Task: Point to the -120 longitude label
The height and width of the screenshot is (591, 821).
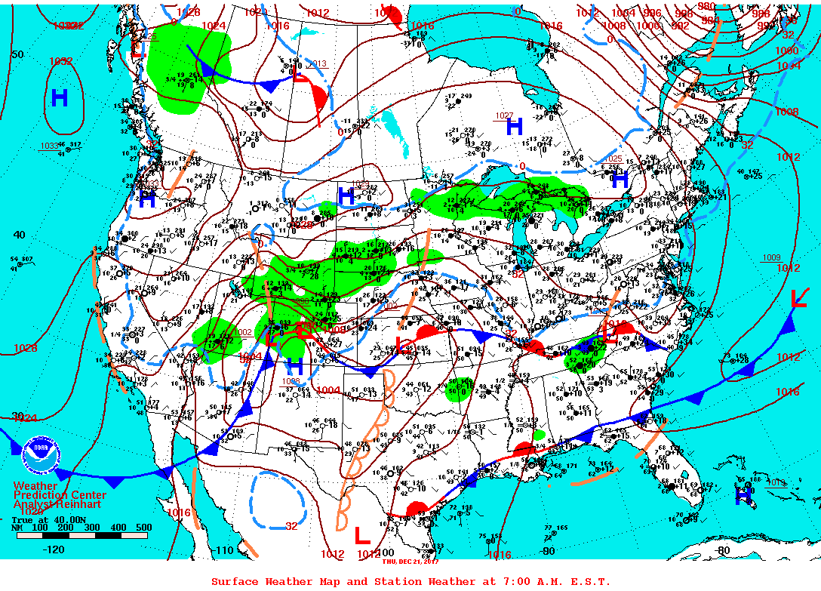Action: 55,549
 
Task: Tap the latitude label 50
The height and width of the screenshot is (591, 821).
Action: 17,54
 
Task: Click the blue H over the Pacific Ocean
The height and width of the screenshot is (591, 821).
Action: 60,97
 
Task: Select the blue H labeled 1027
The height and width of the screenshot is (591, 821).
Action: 515,127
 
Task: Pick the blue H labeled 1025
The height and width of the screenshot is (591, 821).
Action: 620,180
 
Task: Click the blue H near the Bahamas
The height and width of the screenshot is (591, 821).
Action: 744,495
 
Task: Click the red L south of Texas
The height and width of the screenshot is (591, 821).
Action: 362,534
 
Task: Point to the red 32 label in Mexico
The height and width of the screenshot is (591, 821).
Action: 291,526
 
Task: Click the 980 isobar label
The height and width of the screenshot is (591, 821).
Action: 707,6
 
